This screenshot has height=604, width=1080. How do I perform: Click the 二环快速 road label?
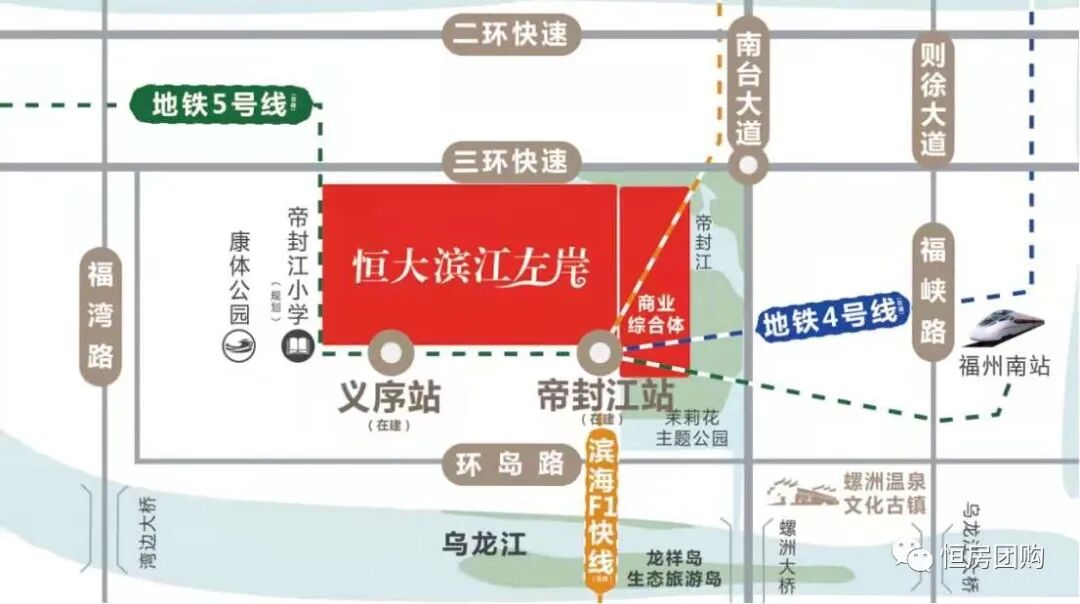(x=510, y=35)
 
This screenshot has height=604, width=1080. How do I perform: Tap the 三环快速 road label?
(x=510, y=161)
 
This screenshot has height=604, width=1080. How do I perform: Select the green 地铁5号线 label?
(x=221, y=104)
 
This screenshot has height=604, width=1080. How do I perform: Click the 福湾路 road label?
(x=100, y=314)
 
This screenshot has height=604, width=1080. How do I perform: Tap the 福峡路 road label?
(x=933, y=290)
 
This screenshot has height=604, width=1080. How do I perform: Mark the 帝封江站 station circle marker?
(x=600, y=353)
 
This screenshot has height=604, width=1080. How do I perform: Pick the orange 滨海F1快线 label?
(x=600, y=510)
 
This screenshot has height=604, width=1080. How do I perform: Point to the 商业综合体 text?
(x=655, y=313)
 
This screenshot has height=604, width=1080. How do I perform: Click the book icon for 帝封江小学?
(x=298, y=347)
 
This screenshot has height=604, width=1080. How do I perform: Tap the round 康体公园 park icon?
(x=240, y=346)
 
